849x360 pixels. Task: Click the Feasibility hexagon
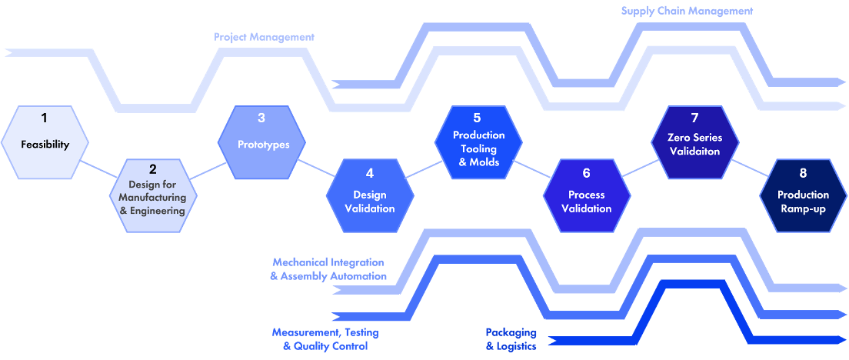click(x=45, y=142)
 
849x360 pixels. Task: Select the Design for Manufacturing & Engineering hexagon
click(x=153, y=196)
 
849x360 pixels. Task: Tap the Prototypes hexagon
click(x=261, y=142)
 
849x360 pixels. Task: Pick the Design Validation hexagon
click(x=370, y=196)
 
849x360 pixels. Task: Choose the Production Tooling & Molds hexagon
click(x=478, y=142)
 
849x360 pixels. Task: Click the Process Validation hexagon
click(x=587, y=196)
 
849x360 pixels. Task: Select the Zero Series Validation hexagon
click(x=695, y=142)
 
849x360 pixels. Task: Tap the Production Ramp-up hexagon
click(x=803, y=196)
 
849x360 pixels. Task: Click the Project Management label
click(x=264, y=38)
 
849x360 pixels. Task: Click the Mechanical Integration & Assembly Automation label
click(x=328, y=269)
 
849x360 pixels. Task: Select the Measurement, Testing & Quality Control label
click(x=325, y=339)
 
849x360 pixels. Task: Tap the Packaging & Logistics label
click(x=511, y=339)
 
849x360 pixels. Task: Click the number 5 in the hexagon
click(x=477, y=118)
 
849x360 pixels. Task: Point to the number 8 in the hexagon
click(x=803, y=173)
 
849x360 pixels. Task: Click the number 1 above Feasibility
click(x=45, y=117)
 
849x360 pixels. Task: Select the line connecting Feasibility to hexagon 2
click(x=98, y=169)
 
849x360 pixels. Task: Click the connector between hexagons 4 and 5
click(x=424, y=169)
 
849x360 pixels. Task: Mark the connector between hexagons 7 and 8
click(x=749, y=168)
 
